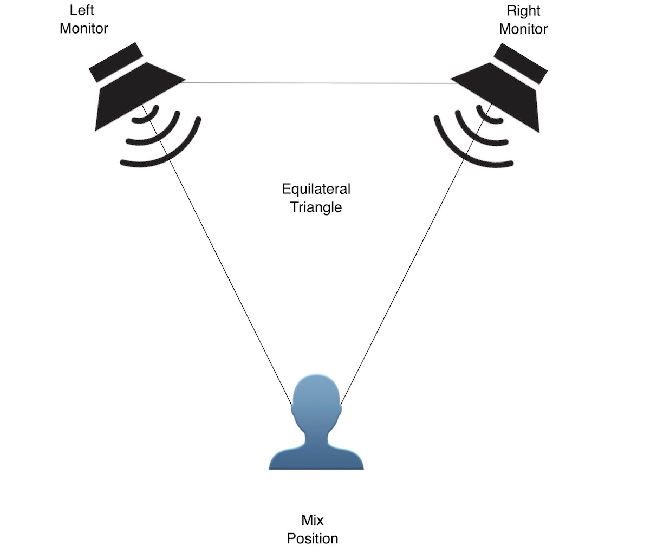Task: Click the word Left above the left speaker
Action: tap(82, 10)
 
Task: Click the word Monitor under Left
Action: tap(84, 28)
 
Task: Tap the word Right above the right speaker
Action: tap(523, 11)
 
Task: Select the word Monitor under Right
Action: tap(523, 29)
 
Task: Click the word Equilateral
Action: tap(316, 189)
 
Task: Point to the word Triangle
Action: tap(316, 207)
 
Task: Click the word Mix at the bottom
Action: tap(313, 521)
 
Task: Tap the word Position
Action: tap(313, 538)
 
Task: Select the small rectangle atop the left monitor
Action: tap(116, 62)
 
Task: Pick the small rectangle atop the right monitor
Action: tap(521, 63)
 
